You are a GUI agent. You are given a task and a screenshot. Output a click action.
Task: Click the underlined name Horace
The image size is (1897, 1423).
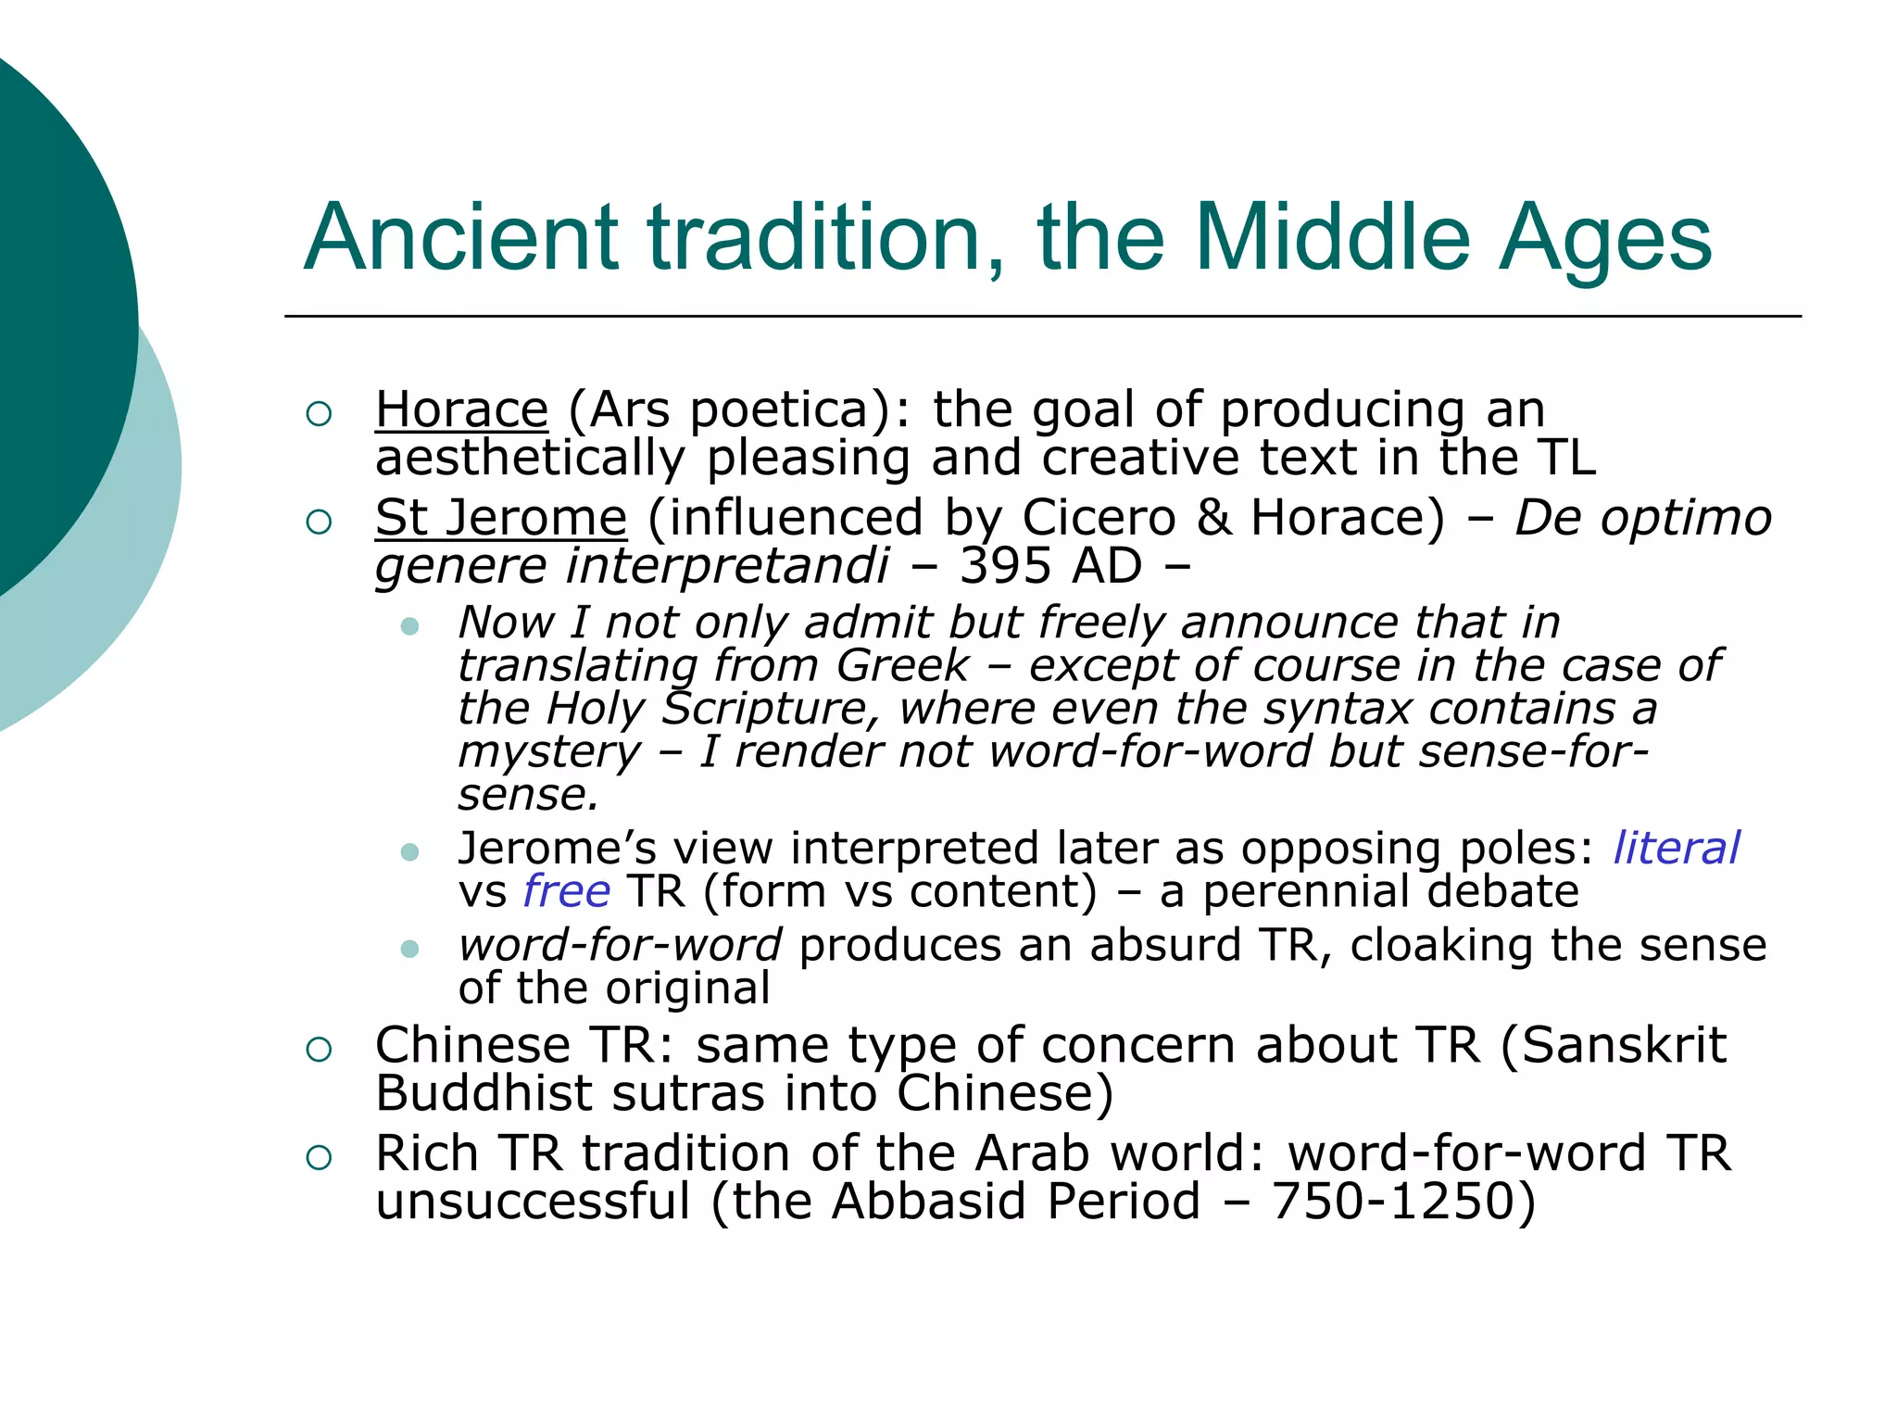click(x=461, y=409)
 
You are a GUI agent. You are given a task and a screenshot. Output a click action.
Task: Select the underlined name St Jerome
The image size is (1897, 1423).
click(x=501, y=517)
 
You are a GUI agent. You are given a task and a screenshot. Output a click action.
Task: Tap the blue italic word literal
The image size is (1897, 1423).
click(x=1677, y=848)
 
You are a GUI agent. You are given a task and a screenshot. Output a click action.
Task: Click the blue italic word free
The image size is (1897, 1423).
click(x=567, y=891)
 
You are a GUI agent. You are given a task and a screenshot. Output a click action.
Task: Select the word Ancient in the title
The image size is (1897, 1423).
click(x=460, y=238)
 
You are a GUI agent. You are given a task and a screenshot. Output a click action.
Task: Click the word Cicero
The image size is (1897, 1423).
click(x=1099, y=517)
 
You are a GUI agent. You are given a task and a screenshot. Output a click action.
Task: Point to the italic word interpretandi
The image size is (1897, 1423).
click(x=727, y=565)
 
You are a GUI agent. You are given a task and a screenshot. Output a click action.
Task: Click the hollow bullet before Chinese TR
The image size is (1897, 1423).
click(x=319, y=1050)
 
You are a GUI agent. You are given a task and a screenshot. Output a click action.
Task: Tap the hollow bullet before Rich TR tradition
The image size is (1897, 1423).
click(x=319, y=1157)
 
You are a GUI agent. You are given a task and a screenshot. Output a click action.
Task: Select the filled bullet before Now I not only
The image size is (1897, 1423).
click(x=410, y=627)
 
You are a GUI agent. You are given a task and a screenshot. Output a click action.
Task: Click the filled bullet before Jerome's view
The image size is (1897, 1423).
click(x=410, y=852)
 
